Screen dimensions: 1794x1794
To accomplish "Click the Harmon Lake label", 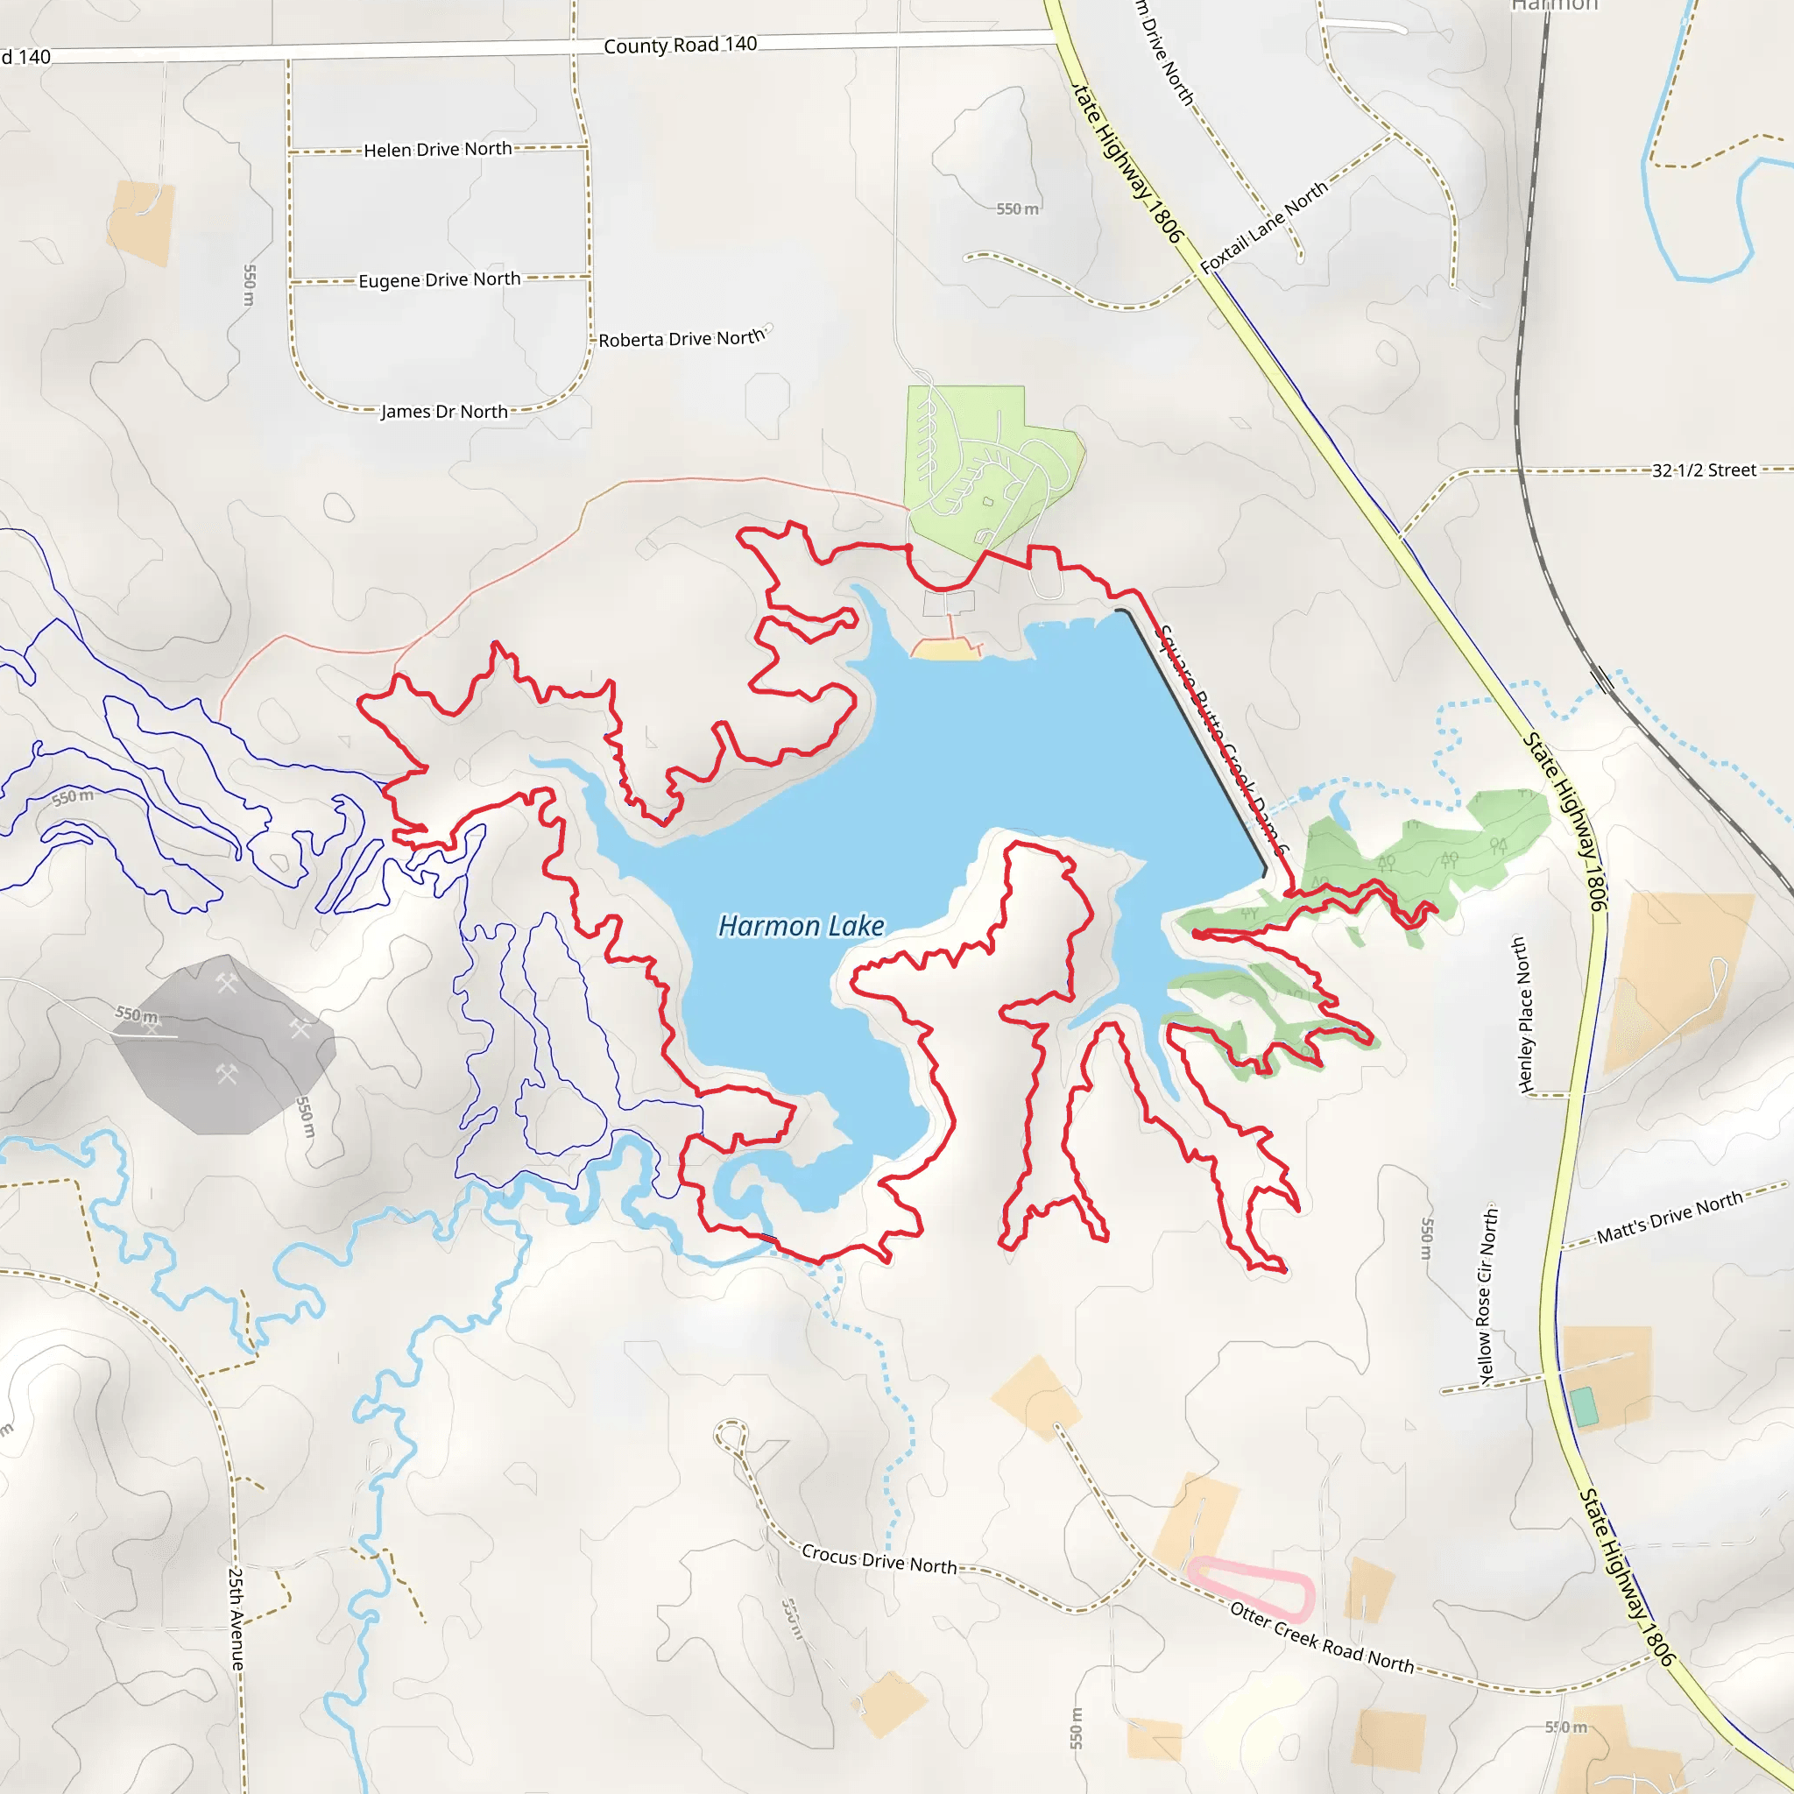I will [802, 926].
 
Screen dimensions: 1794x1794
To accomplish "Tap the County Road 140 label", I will [680, 45].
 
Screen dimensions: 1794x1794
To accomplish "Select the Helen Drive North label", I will [437, 150].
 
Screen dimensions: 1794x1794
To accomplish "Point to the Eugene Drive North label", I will [439, 279].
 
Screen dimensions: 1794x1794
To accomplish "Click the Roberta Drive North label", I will [681, 339].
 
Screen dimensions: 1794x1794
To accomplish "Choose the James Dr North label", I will [444, 412].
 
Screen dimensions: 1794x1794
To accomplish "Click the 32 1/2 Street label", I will [1704, 470].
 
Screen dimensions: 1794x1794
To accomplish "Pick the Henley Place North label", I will [1522, 1014].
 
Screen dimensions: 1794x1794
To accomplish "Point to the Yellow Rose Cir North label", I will [1486, 1296].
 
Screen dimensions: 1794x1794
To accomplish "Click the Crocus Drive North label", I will [879, 1559].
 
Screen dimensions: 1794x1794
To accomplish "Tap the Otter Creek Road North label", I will [1321, 1637].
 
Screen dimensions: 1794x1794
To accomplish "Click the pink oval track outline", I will [1251, 1588].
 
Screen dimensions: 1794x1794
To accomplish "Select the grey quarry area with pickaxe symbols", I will [222, 1045].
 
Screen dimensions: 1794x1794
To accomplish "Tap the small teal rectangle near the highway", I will [1584, 1407].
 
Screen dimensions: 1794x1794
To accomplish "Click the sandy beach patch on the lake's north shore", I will [945, 651].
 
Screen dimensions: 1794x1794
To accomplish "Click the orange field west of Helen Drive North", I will [141, 222].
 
